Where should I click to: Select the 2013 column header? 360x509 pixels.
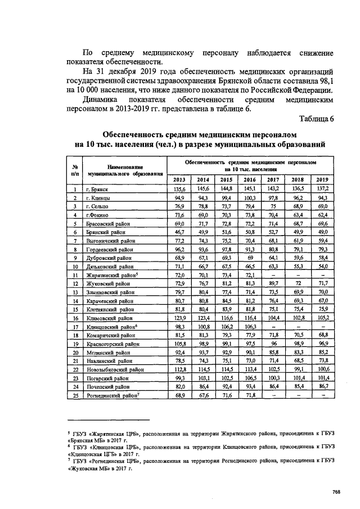tap(179, 179)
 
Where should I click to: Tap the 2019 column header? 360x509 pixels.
tap(322, 179)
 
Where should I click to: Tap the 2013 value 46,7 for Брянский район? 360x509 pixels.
tap(179, 233)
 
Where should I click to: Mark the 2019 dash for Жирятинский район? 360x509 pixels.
tap(322, 276)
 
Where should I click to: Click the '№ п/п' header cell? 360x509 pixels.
tap(74, 170)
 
